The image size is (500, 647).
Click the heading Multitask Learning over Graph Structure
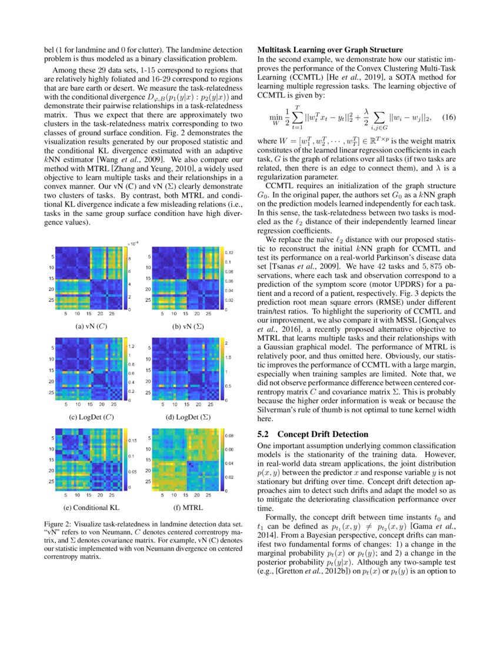pyautogui.click(x=330, y=49)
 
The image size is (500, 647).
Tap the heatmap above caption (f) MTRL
pyautogui.click(x=182, y=460)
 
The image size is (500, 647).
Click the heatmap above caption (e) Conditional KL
pyautogui.click(x=88, y=460)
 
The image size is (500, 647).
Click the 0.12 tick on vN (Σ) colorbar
pyautogui.click(x=230, y=252)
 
